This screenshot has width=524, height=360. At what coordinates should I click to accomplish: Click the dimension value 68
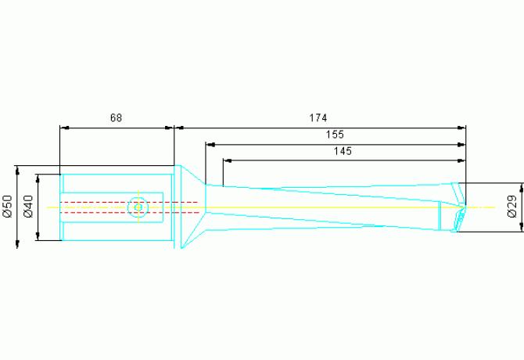pyautogui.click(x=116, y=118)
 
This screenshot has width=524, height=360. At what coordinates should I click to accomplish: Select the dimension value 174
pyautogui.click(x=318, y=118)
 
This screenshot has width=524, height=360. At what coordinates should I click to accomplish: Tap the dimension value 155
pyautogui.click(x=334, y=135)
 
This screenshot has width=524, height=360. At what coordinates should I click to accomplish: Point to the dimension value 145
pyautogui.click(x=343, y=151)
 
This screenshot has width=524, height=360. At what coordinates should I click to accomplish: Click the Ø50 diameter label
pyautogui.click(x=8, y=206)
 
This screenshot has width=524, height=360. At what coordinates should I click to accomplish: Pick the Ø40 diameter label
pyautogui.click(x=28, y=206)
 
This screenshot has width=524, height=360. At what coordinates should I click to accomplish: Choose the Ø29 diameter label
pyautogui.click(x=511, y=207)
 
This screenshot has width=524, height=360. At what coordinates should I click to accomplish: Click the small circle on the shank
pyautogui.click(x=138, y=207)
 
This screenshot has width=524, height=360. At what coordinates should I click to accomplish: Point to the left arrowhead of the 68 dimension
pyautogui.click(x=64, y=127)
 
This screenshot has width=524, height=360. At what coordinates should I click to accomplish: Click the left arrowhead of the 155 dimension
pyautogui.click(x=209, y=143)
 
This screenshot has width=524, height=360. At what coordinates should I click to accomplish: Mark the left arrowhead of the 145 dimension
pyautogui.click(x=226, y=160)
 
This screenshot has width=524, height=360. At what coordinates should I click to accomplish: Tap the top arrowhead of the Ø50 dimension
pyautogui.click(x=17, y=169)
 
